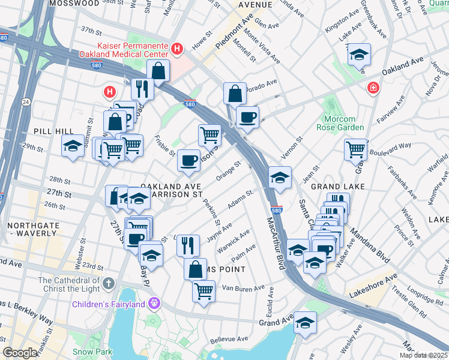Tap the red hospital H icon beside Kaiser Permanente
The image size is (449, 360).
[177, 49]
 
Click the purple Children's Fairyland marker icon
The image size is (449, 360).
[154, 304]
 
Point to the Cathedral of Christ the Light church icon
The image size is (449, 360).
[108, 282]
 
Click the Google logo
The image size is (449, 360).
[20, 353]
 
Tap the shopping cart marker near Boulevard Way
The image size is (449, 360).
[356, 149]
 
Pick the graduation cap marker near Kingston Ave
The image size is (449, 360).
[359, 54]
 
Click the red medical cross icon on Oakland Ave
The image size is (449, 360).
[374, 88]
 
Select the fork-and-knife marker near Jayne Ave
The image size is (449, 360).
[189, 244]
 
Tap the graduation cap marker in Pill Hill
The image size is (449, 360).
[73, 146]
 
